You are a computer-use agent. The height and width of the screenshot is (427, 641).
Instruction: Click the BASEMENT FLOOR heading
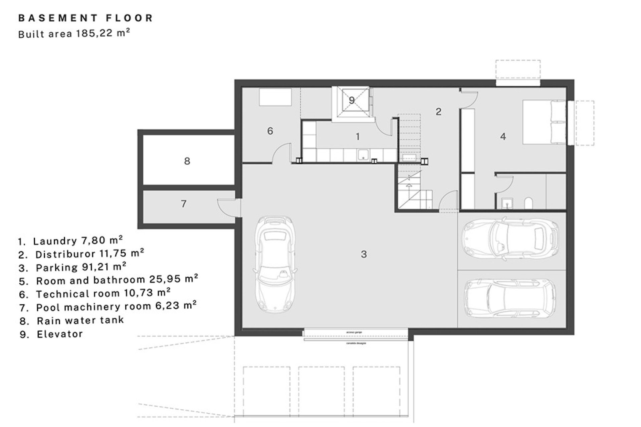(x=85, y=18)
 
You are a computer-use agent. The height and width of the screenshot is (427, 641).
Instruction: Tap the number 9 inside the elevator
(x=352, y=100)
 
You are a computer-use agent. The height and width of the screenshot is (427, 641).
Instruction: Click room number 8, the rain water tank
(x=187, y=161)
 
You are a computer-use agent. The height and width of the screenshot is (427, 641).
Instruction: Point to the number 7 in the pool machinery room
(x=184, y=203)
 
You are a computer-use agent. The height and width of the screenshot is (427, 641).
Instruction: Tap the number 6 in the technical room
(x=270, y=131)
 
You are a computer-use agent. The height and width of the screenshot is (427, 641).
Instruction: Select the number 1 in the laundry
(x=358, y=136)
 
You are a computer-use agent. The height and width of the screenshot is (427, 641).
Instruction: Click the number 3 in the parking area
(x=364, y=255)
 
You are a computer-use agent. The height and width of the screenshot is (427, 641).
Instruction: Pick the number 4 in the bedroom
(x=503, y=136)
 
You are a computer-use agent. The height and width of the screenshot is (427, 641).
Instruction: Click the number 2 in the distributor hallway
(x=439, y=112)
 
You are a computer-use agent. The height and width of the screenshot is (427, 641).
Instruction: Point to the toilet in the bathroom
(x=528, y=203)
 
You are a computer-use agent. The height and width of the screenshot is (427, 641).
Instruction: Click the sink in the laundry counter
(x=363, y=155)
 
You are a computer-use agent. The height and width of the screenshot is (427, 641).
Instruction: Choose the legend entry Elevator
(x=59, y=334)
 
